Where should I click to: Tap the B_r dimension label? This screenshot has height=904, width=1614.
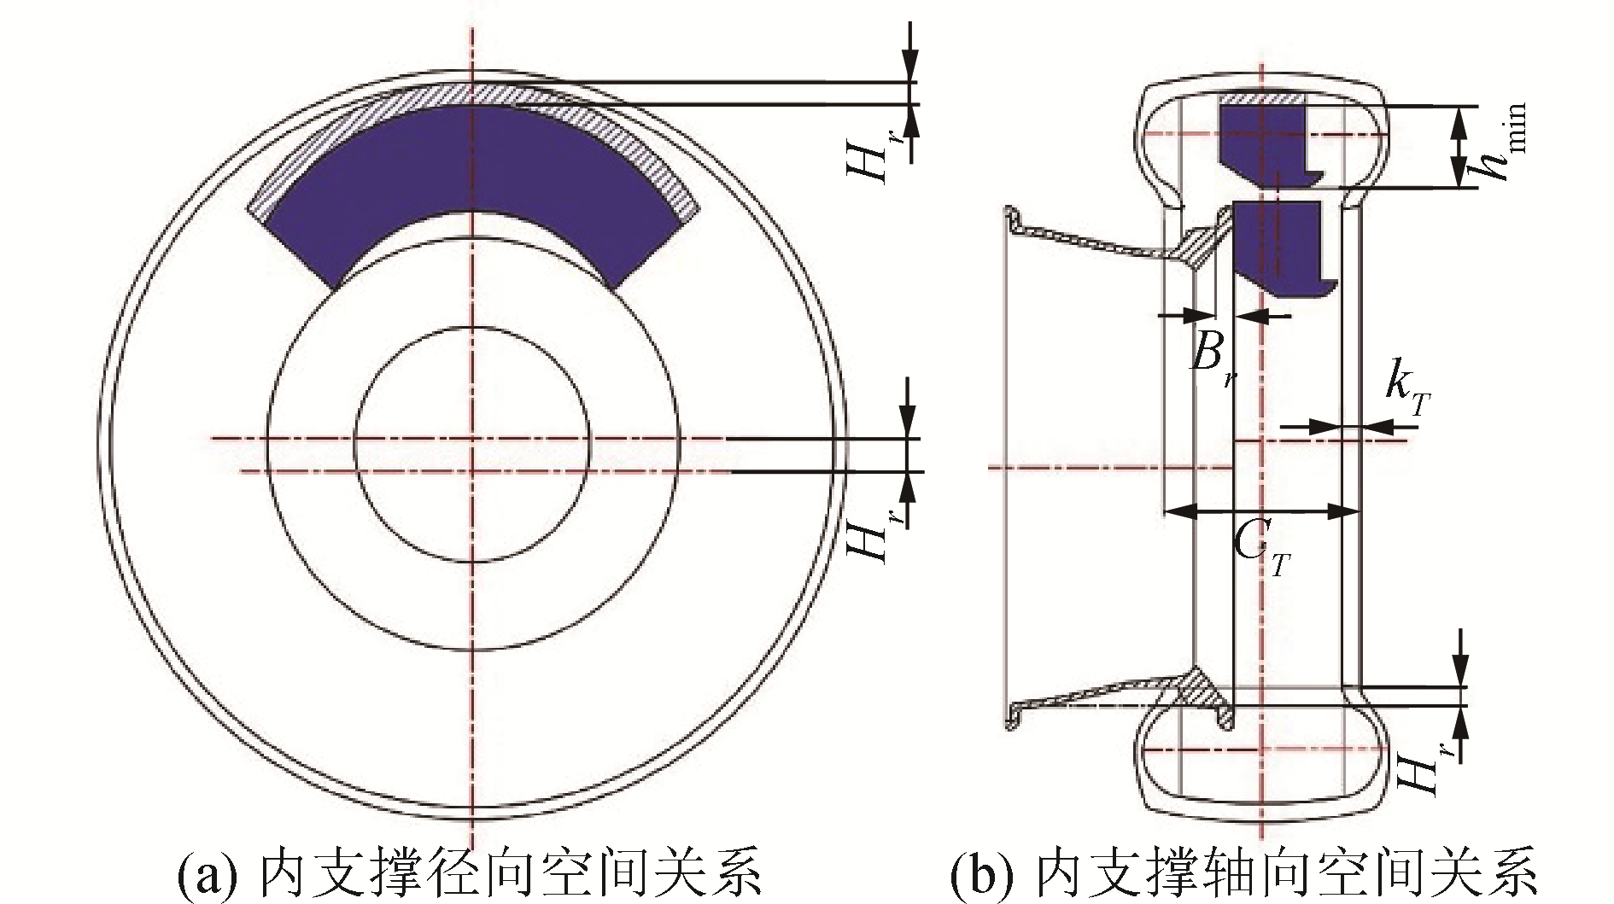[1213, 359]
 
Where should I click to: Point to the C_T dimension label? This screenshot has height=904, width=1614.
[1260, 551]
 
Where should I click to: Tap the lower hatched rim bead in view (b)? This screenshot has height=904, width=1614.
[1208, 691]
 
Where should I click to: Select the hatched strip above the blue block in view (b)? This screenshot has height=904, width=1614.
[1262, 100]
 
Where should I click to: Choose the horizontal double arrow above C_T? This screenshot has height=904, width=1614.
[1262, 511]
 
